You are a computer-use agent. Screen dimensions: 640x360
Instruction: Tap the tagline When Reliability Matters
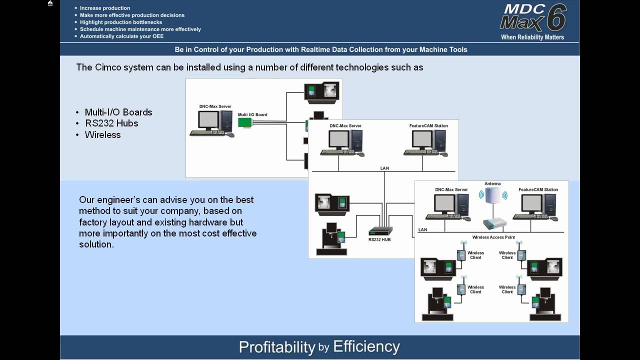coord(532,37)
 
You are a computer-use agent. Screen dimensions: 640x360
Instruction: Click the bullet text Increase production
coord(105,8)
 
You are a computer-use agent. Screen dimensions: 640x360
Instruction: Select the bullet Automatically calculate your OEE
coord(121,36)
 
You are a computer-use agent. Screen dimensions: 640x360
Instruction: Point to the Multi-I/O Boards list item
coord(118,112)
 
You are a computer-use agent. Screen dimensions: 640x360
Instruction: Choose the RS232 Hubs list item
coord(111,123)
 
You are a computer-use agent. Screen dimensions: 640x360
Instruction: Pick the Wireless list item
coord(103,135)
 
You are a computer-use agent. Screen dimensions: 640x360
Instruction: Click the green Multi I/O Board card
coord(245,123)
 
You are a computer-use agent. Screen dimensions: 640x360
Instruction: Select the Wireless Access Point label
coord(493,237)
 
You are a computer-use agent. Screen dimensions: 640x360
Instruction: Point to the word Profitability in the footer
coord(276,347)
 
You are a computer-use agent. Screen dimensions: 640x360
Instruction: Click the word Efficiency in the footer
coord(366,346)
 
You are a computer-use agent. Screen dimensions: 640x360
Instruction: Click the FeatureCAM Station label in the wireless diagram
coord(538,190)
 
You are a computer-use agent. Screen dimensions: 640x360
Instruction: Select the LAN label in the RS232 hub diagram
coord(384,168)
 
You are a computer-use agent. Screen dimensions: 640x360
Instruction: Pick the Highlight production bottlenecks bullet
coord(121,22)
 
